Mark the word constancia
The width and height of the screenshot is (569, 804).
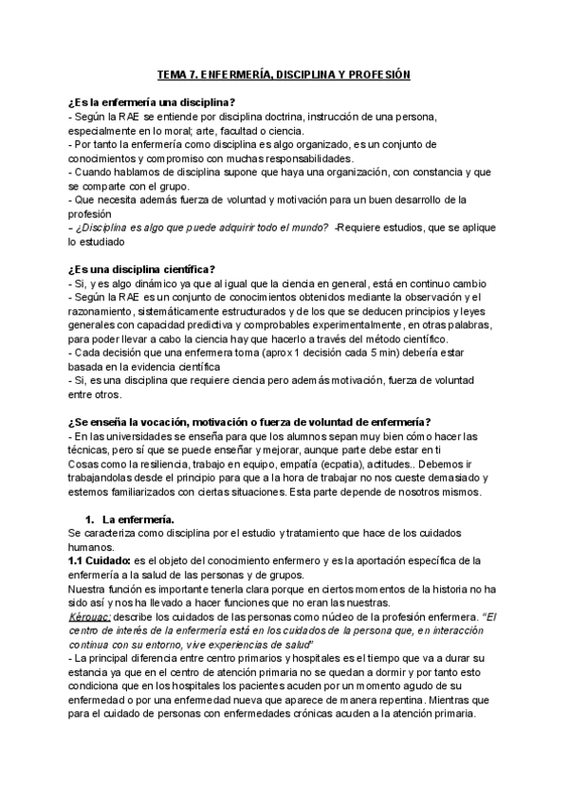[438, 173]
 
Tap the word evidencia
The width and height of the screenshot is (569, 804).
[143, 368]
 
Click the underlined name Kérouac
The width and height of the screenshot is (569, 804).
[91, 617]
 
